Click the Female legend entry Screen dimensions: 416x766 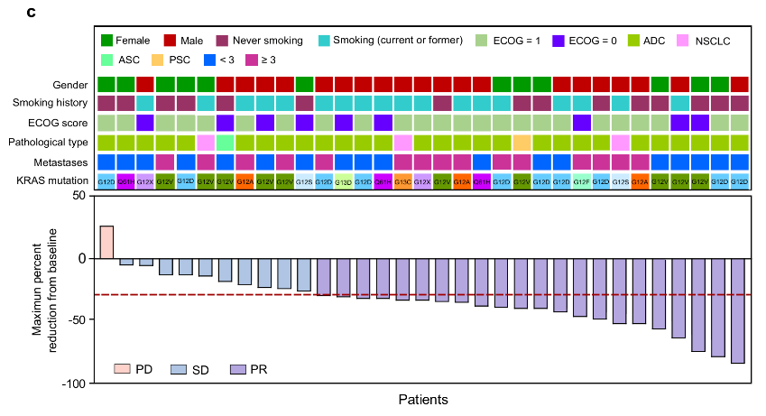[125, 41]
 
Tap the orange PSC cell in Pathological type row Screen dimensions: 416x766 [521, 143]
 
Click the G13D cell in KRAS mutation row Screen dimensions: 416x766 [344, 182]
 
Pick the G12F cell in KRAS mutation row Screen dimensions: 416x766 [581, 182]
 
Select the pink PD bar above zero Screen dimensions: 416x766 [106, 242]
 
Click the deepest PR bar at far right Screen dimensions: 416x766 [738, 310]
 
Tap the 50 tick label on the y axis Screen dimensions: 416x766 [79, 196]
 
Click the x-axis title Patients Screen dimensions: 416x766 [422, 399]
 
